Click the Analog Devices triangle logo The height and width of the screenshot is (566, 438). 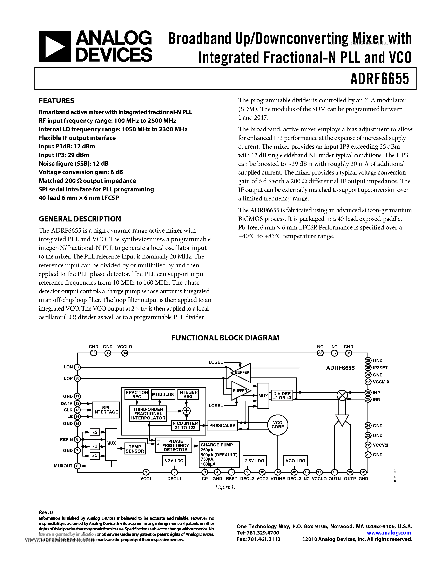(54, 46)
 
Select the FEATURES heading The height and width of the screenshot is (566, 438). (56, 101)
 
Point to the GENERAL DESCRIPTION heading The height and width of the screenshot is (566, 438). (80, 219)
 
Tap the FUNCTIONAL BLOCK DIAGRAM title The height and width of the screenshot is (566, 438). (225, 338)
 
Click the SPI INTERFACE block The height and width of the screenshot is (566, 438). (106, 410)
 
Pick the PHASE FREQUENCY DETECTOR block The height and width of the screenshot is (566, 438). (174, 445)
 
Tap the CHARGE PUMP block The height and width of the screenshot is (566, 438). (219, 454)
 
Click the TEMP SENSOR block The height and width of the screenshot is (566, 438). (135, 449)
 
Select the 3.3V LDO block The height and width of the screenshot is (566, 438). (174, 461)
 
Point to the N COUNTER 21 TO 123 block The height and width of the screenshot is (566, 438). (185, 425)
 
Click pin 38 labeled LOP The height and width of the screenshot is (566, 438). (77, 378)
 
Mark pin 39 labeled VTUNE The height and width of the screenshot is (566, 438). (278, 472)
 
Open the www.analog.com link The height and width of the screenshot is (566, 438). (389, 533)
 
